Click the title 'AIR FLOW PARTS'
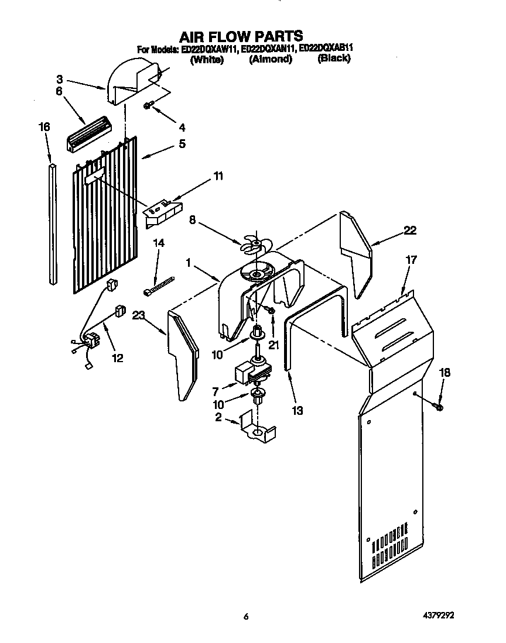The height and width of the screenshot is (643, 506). point(241,36)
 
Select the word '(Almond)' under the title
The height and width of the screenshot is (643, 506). point(270,60)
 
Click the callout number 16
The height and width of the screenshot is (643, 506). point(45,127)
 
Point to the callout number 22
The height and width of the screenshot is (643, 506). point(409,231)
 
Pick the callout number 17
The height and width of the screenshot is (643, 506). point(411,260)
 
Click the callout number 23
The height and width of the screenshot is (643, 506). point(138,316)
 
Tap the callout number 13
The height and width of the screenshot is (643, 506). point(298,411)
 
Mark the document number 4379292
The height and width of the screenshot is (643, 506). point(435,616)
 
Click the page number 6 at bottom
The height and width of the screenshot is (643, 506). point(247,616)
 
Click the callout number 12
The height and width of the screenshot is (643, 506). point(118,358)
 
